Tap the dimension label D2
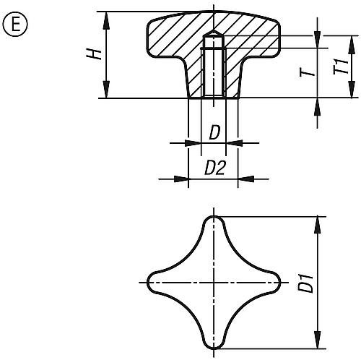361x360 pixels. pyautogui.click(x=214, y=168)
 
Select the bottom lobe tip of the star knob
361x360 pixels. pyautogui.click(x=214, y=346)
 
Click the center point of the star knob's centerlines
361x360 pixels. pyautogui.click(x=214, y=281)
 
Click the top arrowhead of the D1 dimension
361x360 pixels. pyautogui.click(x=316, y=220)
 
